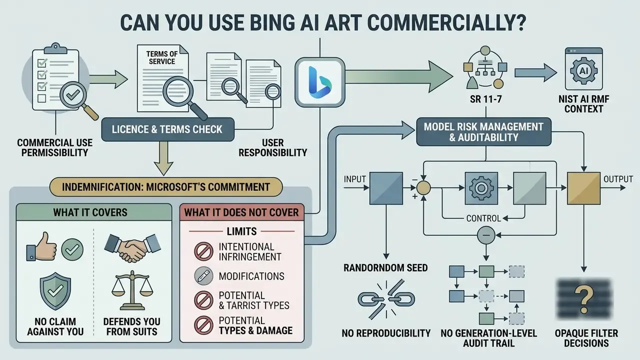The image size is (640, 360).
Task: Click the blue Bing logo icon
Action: click(x=319, y=82)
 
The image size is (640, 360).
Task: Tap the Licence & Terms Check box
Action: click(x=167, y=129)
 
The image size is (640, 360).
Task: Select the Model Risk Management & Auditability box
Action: click(x=483, y=132)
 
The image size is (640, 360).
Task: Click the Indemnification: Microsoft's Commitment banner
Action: click(x=166, y=187)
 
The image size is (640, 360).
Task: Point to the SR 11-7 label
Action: click(x=485, y=99)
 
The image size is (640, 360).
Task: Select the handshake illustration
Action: click(x=132, y=247)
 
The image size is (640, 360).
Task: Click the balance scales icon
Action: click(x=132, y=290)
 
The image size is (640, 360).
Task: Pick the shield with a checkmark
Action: click(x=55, y=290)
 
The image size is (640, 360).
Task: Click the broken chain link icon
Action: click(x=386, y=299)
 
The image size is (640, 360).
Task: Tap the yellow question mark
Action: click(x=583, y=299)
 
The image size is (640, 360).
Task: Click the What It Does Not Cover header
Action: click(x=241, y=212)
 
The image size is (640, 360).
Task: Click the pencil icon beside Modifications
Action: click(x=203, y=276)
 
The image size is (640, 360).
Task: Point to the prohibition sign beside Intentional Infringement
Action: click(x=203, y=251)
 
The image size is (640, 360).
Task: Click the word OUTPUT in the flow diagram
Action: click(x=618, y=179)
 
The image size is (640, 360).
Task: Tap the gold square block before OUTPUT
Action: click(x=583, y=188)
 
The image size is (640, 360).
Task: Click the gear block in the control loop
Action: click(x=481, y=188)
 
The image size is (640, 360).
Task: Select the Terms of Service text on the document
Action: click(x=162, y=57)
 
